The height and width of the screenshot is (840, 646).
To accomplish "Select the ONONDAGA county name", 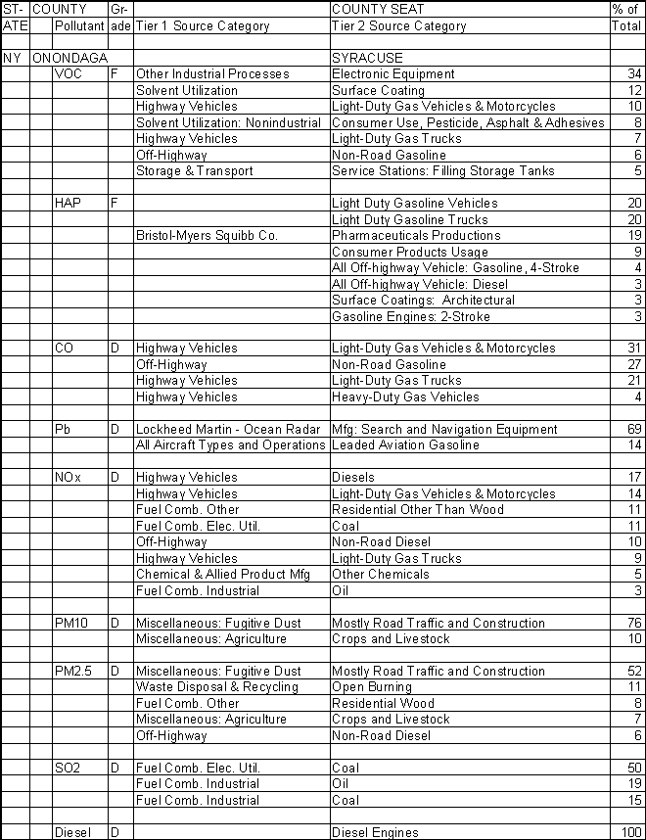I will point(69,58).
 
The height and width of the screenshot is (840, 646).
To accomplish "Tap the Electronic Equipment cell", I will point(392,74).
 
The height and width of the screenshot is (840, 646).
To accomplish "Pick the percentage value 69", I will point(633,429).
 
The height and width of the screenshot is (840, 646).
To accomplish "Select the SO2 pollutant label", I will point(69,768).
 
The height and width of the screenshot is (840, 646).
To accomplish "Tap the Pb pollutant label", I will point(65,429).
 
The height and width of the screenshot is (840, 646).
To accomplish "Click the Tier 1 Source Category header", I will point(203,26).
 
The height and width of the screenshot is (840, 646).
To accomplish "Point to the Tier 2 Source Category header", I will point(398,26).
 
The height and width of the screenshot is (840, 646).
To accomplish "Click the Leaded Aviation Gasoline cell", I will point(405,445).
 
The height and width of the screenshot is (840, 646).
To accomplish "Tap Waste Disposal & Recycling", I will point(217,687).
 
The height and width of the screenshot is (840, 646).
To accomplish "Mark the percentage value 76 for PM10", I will point(633,623).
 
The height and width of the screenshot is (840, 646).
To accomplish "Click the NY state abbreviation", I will point(12,58).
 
